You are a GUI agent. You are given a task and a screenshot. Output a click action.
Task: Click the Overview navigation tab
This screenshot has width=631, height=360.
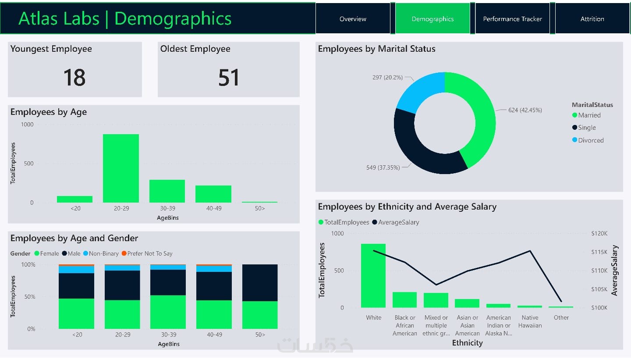point(353,19)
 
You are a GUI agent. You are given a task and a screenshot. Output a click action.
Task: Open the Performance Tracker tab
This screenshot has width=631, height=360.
point(512,19)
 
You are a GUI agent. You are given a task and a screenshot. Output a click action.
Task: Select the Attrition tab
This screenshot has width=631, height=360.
point(592,19)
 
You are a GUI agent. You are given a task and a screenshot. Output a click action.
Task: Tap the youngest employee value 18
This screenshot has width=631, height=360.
point(74,78)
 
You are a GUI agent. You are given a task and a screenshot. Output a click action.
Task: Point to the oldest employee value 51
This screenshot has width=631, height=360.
point(228,78)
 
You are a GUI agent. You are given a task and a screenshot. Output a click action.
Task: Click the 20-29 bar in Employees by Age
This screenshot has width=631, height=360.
point(121,168)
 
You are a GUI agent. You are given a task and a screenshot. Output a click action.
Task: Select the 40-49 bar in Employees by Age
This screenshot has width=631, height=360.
point(213,194)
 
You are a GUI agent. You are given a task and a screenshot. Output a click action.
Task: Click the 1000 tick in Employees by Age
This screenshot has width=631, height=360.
point(27,125)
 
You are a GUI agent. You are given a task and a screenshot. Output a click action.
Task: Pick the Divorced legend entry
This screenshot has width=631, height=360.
point(590,140)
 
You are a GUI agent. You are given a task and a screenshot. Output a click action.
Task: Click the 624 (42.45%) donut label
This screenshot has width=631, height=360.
point(525,110)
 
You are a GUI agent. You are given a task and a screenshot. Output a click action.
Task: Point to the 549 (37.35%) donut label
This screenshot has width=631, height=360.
point(383,168)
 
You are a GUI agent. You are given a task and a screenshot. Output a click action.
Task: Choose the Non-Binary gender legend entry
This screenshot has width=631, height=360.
point(103,253)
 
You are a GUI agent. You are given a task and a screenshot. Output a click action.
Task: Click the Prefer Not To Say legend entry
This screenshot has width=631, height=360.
point(149,253)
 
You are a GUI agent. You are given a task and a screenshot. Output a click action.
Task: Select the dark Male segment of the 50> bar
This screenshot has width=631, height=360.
point(260,282)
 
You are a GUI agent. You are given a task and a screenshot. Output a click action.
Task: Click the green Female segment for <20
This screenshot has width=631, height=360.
point(76,314)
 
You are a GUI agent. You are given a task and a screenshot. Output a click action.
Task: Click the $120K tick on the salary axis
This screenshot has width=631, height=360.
point(599,233)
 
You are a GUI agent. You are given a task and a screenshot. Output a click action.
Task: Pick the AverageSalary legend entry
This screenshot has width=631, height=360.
point(398,222)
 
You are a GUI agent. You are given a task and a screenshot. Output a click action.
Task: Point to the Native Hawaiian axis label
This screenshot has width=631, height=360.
point(530,321)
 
